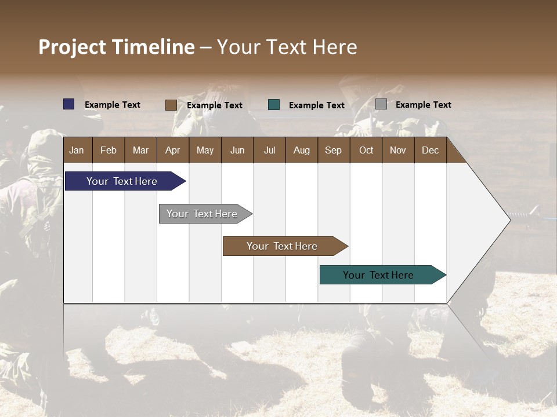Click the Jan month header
pyautogui.click(x=77, y=151)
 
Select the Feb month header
pyautogui.click(x=108, y=151)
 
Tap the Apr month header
pyautogui.click(x=172, y=151)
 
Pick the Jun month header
pyautogui.click(x=237, y=151)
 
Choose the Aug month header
pyautogui.click(x=301, y=151)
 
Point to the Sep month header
pyautogui.click(x=333, y=151)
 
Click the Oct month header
pyautogui.click(x=366, y=151)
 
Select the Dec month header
pyautogui.click(x=430, y=151)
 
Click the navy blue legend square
pyautogui.click(x=69, y=104)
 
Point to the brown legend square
pyautogui.click(x=171, y=105)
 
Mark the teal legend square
pyautogui.click(x=274, y=105)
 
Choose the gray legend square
pyautogui.click(x=381, y=104)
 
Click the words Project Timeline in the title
pyautogui.click(x=117, y=47)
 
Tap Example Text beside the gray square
pyautogui.click(x=423, y=105)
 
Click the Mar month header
pyautogui.click(x=140, y=151)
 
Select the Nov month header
pyautogui.click(x=397, y=151)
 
